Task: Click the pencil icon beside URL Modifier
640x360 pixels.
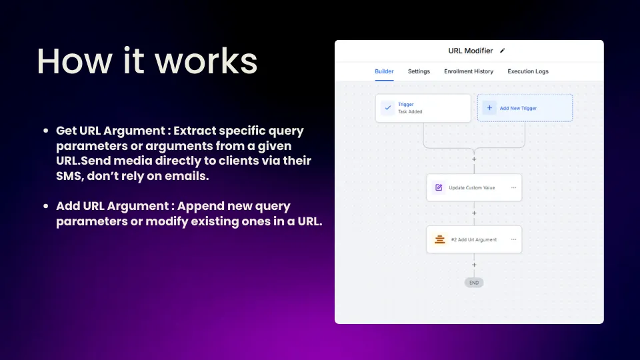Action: click(503, 51)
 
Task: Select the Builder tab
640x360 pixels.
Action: click(384, 71)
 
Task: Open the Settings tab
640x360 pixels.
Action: click(419, 71)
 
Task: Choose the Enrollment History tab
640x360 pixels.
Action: click(469, 71)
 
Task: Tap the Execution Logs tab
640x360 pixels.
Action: click(528, 71)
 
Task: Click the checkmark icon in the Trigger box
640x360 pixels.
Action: click(388, 108)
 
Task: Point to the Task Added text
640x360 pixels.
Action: click(410, 111)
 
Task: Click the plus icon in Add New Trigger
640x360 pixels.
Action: click(489, 108)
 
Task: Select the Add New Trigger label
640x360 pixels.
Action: click(518, 108)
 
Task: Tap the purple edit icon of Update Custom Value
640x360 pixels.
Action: click(439, 187)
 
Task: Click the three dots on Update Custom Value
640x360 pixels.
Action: click(513, 187)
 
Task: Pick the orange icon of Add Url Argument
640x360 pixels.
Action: click(439, 239)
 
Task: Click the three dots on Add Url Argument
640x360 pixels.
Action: click(513, 239)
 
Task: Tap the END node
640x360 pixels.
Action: click(474, 283)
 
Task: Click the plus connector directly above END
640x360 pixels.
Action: click(474, 265)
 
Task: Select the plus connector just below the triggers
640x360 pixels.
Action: click(474, 159)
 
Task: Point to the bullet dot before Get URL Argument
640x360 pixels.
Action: click(46, 131)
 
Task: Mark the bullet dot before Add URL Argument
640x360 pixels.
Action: click(46, 206)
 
